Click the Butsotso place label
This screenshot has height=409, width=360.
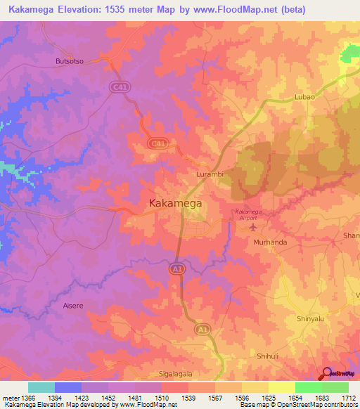pos(70,61)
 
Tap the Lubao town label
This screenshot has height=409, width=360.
pos(305,96)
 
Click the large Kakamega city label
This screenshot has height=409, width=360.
pos(176,203)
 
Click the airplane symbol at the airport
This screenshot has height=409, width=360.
pos(253,226)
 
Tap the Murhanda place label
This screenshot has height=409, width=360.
pos(269,242)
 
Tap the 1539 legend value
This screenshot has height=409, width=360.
pos(189,398)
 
